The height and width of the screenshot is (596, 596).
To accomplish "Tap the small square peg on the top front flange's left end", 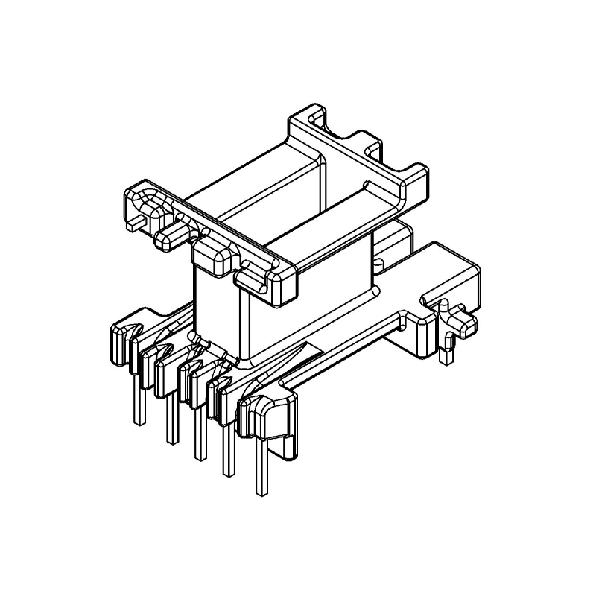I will (x=135, y=221).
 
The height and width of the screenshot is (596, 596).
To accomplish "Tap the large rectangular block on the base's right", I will (x=447, y=276).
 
